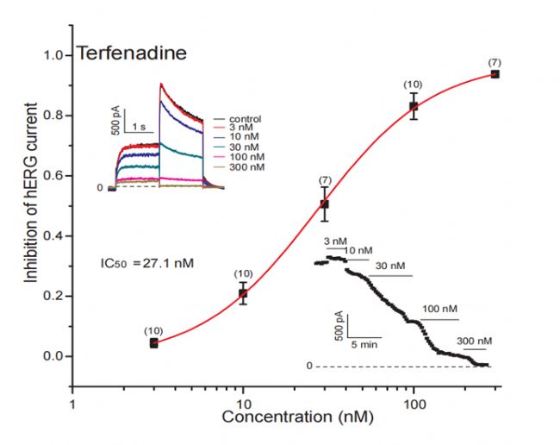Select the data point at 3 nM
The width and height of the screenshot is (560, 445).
click(x=154, y=342)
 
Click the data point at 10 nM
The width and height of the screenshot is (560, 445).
click(x=243, y=293)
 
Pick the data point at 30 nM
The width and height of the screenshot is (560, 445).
click(x=325, y=204)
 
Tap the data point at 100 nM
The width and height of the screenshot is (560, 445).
click(x=414, y=106)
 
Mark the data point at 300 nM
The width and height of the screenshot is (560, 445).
click(x=495, y=74)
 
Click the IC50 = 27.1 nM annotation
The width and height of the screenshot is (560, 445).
click(x=146, y=259)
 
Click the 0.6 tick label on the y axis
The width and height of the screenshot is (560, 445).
click(x=53, y=176)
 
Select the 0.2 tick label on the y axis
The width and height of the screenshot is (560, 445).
click(x=53, y=296)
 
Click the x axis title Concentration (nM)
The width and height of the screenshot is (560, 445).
click(x=284, y=418)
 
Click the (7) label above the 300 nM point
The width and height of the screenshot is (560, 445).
click(x=495, y=62)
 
